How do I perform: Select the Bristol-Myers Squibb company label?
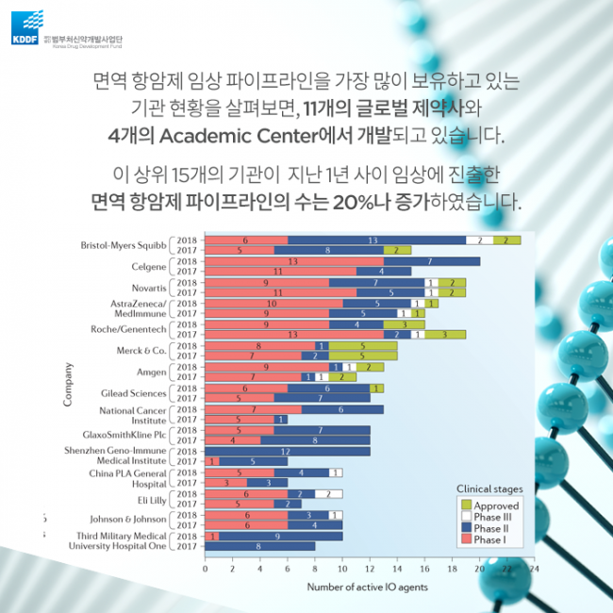point(123,245)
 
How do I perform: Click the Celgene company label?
point(148,266)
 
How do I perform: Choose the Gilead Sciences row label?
point(133,392)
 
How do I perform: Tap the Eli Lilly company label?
point(153,499)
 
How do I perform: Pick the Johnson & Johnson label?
point(128,520)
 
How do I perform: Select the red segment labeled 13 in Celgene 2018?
point(293,261)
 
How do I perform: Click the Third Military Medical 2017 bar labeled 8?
point(260,546)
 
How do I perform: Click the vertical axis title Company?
point(68,385)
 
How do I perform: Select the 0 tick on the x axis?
point(206,569)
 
